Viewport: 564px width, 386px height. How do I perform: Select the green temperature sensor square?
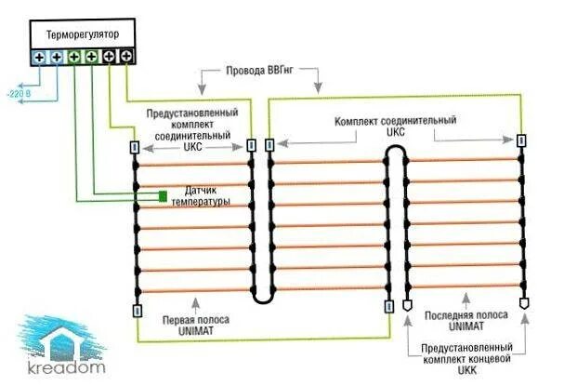(162, 196)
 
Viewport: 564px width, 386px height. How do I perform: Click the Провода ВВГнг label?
(259, 71)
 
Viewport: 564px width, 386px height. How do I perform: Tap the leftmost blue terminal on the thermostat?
(39, 57)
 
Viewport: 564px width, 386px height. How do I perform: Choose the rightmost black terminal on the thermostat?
(126, 57)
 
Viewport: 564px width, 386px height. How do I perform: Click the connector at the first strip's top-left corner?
(136, 147)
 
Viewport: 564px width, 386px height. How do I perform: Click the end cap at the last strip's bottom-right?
(524, 303)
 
